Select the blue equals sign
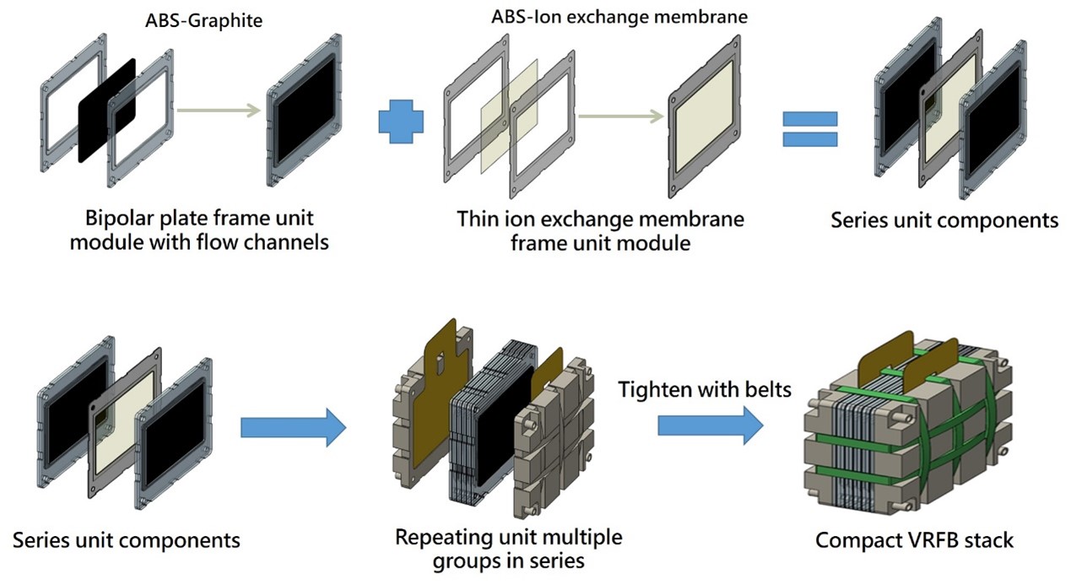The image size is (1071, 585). (x=809, y=129)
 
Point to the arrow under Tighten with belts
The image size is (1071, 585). (x=710, y=426)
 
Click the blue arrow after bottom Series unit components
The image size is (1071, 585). (x=293, y=429)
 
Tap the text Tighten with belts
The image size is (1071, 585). (x=706, y=390)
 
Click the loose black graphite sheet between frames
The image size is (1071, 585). (x=107, y=111)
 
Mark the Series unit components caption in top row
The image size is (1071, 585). (x=944, y=220)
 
